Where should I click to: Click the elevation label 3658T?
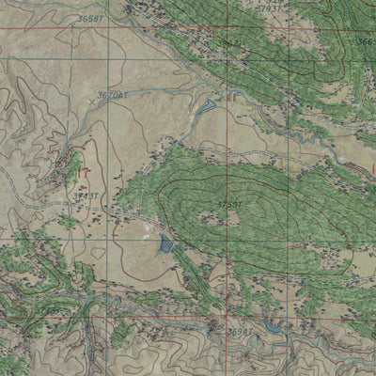click(x=89, y=19)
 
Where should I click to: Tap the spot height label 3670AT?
click(x=114, y=95)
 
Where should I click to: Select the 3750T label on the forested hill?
click(x=229, y=204)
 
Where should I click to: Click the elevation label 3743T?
click(x=86, y=195)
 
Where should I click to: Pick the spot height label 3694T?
click(x=241, y=332)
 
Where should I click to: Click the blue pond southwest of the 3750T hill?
click(x=166, y=244)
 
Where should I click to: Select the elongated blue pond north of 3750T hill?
click(x=204, y=110)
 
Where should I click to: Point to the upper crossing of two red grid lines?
click(x=227, y=27)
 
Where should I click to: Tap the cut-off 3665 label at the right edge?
click(x=367, y=41)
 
